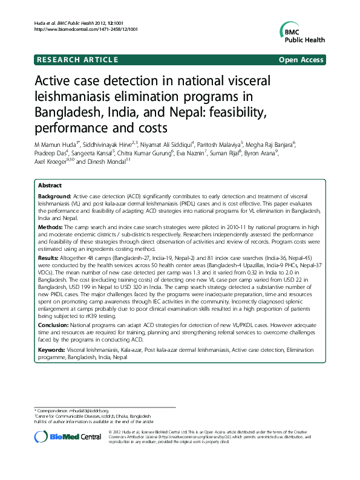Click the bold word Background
pyautogui.click(x=54, y=198)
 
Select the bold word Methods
pyautogui.click(x=50, y=225)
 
